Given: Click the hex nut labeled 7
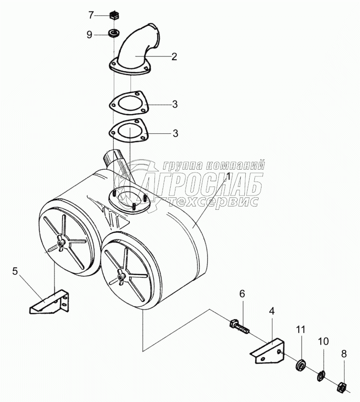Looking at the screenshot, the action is (x=114, y=15).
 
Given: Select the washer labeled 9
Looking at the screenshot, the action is (x=114, y=33).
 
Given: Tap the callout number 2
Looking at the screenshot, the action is (x=174, y=56).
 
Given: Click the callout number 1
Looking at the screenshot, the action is (x=229, y=176).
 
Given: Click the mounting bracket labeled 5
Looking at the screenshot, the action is (x=51, y=302).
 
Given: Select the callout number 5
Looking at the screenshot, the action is (x=15, y=272).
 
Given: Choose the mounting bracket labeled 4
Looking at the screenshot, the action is (x=268, y=351).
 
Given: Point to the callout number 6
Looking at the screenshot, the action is (x=242, y=294).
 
